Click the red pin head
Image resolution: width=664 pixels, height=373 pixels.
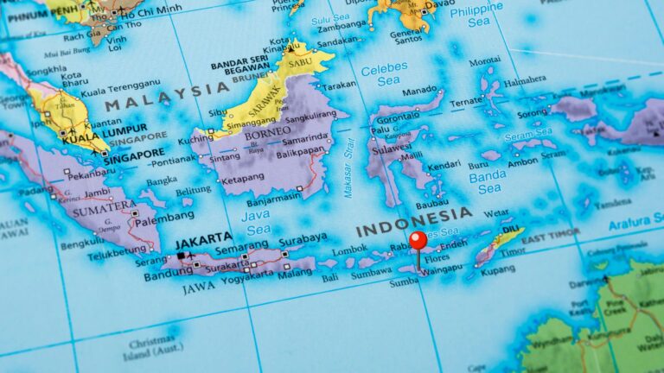(418, 239)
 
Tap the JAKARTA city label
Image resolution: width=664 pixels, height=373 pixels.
(203, 237)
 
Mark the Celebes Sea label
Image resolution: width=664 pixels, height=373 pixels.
(385, 74)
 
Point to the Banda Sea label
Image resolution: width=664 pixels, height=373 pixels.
(487, 181)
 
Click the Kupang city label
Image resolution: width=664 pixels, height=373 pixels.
(498, 270)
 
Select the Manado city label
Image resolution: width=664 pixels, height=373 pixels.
(420, 90)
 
